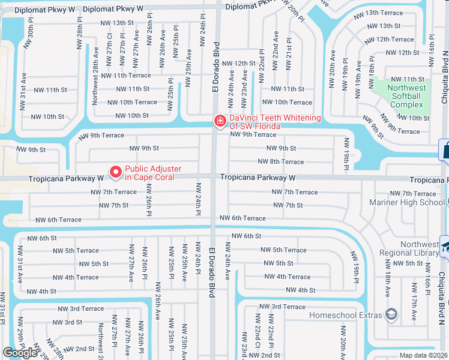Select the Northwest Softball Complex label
pos(408,96)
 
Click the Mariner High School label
pos(415,202)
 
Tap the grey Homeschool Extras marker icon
pos(391,314)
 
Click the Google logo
pos(20,353)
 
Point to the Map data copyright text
pos(423,355)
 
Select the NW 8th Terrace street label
pos(280,161)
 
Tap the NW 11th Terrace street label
pos(126,76)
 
